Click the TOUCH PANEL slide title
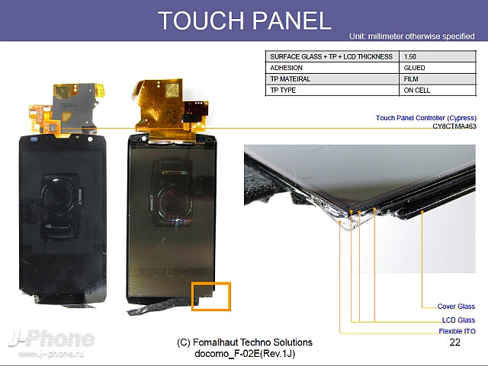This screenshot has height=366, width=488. click(x=244, y=21)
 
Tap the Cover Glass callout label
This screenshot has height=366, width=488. click(x=456, y=307)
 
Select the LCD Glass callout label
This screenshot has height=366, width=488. click(x=458, y=320)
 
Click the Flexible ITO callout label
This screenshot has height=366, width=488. click(x=457, y=331)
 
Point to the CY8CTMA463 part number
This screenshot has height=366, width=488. click(x=454, y=126)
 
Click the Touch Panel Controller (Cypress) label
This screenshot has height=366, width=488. click(x=426, y=118)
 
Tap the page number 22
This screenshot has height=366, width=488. click(x=454, y=342)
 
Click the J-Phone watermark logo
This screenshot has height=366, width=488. click(x=51, y=339)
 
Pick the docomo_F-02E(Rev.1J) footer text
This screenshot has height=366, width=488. click(x=245, y=354)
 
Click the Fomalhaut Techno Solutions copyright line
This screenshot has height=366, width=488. click(x=245, y=342)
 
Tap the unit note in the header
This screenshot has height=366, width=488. click(x=412, y=37)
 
